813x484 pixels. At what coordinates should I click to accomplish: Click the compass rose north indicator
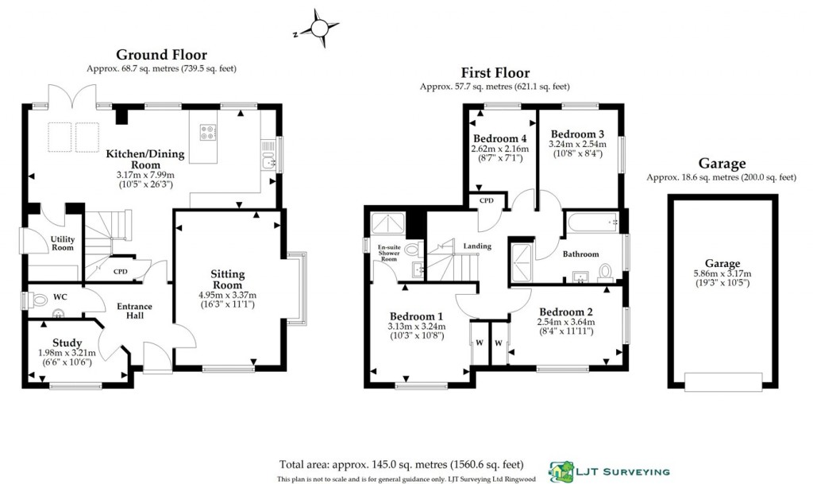(318, 29)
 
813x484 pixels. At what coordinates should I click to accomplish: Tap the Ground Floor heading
(161, 55)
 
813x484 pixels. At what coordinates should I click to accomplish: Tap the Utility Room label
(62, 243)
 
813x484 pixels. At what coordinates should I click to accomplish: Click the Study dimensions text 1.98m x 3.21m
(67, 353)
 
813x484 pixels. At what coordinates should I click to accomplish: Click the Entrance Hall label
(134, 311)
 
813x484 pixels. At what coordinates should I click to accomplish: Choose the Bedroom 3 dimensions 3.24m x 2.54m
(577, 144)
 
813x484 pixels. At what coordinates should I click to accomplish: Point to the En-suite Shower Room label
(387, 254)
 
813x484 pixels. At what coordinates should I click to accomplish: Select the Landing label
(478, 246)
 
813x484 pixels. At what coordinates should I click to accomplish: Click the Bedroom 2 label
(565, 311)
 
